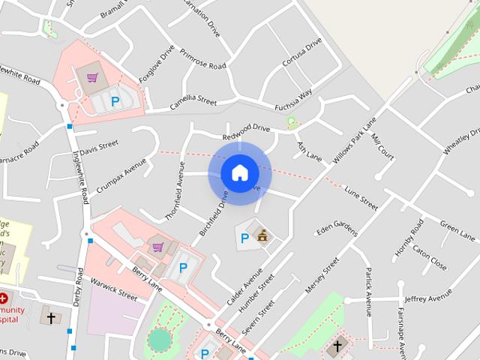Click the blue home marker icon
[239, 172]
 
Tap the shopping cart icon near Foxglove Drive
[91, 76]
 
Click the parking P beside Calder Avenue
[244, 239]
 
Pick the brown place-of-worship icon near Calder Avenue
[262, 236]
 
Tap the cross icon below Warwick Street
[51, 317]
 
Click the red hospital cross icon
[4, 298]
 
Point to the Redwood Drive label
[245, 133]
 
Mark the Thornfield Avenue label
[180, 184]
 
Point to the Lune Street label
[360, 197]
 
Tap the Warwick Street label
[113, 289]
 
